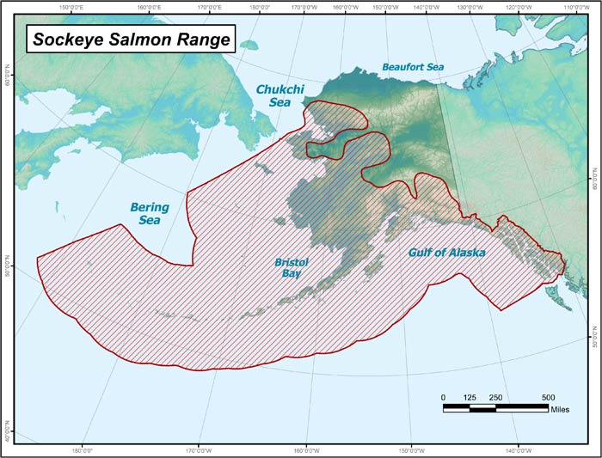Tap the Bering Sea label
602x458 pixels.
(x=149, y=213)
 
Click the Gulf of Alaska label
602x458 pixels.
(x=446, y=253)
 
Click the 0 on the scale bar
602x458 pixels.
(x=444, y=397)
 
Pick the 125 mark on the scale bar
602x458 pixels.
(x=469, y=397)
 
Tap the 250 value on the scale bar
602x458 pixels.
(x=496, y=397)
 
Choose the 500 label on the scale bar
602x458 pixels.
(x=548, y=397)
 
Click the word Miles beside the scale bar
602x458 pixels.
(x=561, y=409)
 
